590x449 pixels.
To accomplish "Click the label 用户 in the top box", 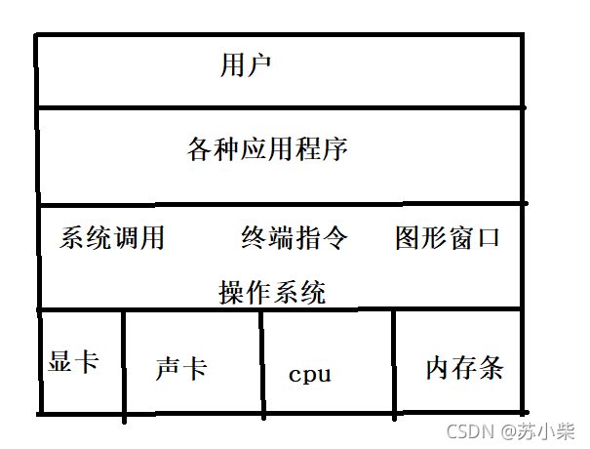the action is click(246, 66).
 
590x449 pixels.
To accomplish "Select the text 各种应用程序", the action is click(267, 150).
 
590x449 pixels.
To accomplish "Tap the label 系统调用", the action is click(112, 238).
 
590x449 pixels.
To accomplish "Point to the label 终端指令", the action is click(294, 238).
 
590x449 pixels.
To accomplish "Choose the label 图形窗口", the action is click(448, 237).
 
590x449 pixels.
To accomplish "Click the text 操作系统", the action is click(272, 292).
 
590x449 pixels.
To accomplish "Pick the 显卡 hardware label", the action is click(73, 360).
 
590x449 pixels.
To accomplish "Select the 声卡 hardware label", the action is click(180, 368).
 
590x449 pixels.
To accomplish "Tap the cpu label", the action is click(309, 374).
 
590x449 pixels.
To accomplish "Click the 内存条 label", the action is click(464, 367).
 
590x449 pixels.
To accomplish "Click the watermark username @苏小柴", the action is click(537, 430).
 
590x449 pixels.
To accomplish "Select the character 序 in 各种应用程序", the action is click(335, 150).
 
